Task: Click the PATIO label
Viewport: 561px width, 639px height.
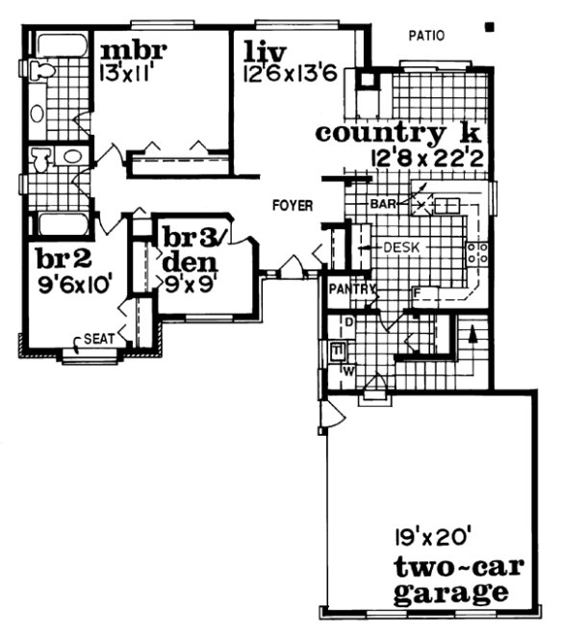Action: point(426,37)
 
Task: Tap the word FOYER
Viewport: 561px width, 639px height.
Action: point(291,205)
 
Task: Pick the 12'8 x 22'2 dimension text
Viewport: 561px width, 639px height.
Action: point(428,156)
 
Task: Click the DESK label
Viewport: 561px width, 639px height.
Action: point(402,248)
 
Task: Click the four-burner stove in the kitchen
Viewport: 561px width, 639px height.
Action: point(477,253)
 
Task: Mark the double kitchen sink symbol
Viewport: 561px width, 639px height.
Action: point(447,205)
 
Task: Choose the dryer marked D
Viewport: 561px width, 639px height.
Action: point(348,319)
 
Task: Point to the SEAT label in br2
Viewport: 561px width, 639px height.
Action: point(100,339)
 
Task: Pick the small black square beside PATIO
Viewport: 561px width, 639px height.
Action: point(492,29)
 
